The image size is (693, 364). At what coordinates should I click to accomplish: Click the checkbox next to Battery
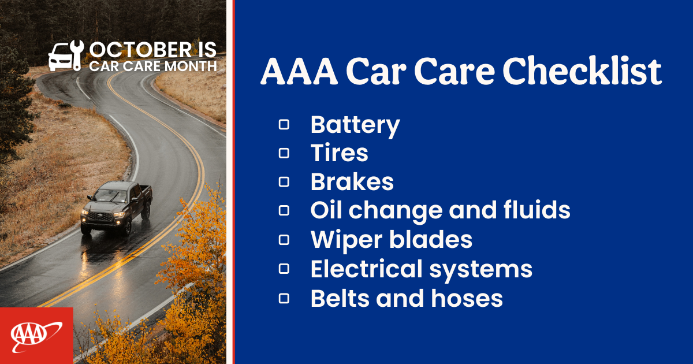[x=284, y=125]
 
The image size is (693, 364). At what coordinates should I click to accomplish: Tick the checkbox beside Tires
[x=284, y=153]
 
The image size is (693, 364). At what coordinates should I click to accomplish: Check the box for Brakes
[x=284, y=182]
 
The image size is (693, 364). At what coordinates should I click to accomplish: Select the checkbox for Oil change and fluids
[x=284, y=211]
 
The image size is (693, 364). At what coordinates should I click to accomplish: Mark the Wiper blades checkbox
[x=284, y=240]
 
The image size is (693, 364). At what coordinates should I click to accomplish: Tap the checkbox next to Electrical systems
[x=284, y=269]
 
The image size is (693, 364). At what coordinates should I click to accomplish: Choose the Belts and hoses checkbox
[x=284, y=298]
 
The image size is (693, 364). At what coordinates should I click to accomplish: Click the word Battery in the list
[x=355, y=125]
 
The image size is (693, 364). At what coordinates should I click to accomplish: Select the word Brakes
[x=352, y=182]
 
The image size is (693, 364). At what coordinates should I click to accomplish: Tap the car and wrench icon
[x=65, y=55]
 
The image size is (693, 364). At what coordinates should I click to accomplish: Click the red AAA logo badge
[x=36, y=336]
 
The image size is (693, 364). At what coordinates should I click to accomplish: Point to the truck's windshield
[x=111, y=196]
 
